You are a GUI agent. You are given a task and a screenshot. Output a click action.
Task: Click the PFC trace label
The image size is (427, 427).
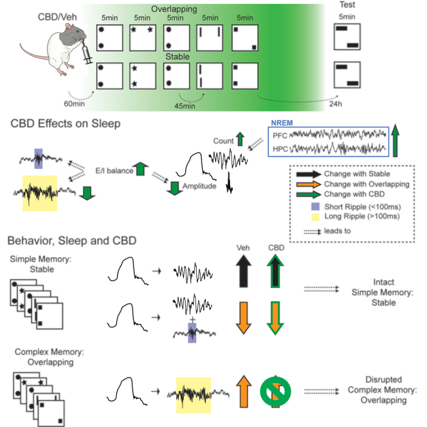[279, 137]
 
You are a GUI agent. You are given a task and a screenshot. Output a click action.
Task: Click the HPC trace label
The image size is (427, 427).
[279, 149]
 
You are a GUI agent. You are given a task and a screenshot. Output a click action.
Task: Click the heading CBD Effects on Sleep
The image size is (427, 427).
[67, 123]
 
